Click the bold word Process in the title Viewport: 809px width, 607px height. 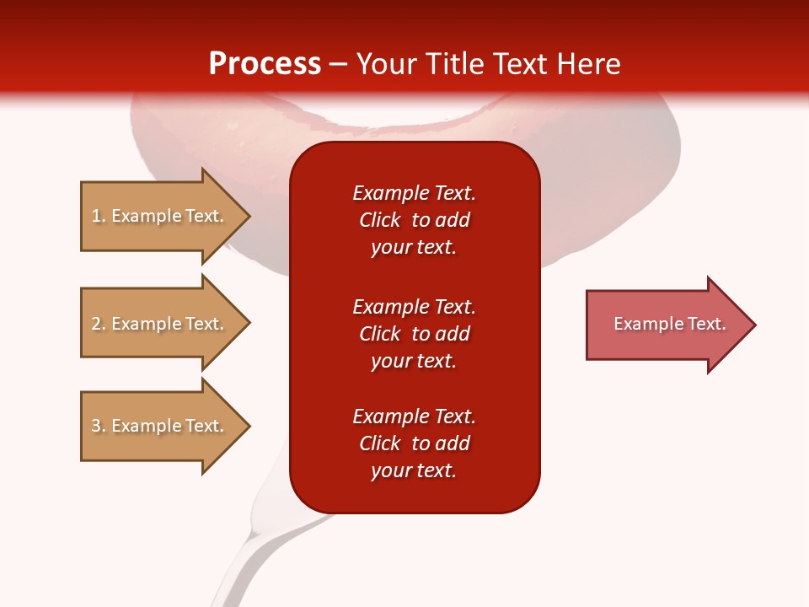(x=265, y=64)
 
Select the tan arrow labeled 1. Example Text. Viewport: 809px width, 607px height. (x=160, y=216)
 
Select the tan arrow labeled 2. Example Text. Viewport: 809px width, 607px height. (x=160, y=324)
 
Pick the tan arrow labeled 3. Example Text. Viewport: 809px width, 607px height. (x=160, y=426)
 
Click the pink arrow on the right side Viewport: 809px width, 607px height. (x=666, y=324)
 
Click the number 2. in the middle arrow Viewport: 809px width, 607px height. (x=99, y=324)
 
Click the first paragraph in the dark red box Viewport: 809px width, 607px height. (x=414, y=220)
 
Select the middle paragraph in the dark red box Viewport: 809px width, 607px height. (x=414, y=334)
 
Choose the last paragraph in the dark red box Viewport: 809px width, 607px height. (x=414, y=443)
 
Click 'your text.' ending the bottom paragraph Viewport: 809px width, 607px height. (x=414, y=470)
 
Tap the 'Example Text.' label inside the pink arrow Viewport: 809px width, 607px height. (x=670, y=324)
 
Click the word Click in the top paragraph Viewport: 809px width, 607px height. (x=380, y=220)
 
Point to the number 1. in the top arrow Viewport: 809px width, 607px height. (x=99, y=216)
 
